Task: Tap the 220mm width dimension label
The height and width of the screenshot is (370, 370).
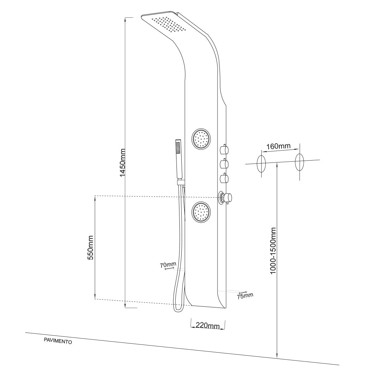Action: pos(207,325)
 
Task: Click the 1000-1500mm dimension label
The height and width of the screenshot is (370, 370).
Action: pos(273,250)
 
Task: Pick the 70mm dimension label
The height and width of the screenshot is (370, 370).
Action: pos(168,265)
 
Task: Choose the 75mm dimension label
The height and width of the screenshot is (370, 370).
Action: pos(245,295)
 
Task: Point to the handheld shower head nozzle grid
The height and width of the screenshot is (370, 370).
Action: pos(178,148)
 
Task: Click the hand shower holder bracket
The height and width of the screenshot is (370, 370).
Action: pos(181,182)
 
